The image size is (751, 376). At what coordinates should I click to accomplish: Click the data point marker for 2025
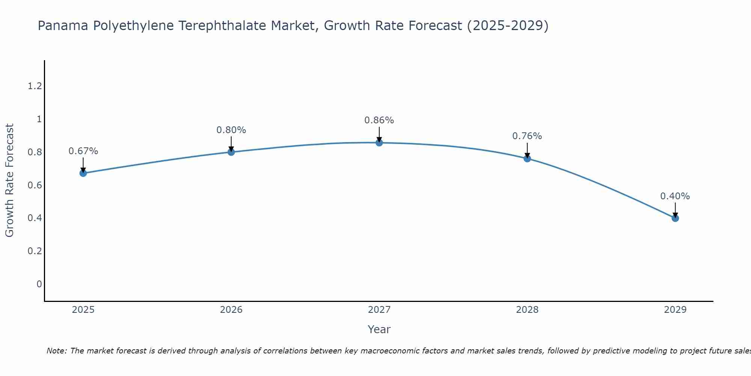click(83, 173)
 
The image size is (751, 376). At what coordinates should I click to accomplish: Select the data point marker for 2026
click(231, 152)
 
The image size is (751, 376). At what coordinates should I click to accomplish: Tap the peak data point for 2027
click(379, 143)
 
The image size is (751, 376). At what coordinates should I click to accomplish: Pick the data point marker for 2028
click(527, 158)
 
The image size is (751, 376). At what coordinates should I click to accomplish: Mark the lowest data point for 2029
click(675, 218)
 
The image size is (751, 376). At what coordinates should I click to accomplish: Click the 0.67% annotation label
click(83, 151)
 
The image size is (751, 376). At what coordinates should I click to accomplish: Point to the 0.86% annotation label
click(379, 120)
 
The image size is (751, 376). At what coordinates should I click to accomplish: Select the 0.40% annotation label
click(675, 196)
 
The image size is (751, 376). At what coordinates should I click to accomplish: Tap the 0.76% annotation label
click(527, 136)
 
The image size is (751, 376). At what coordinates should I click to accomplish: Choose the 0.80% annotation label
click(231, 130)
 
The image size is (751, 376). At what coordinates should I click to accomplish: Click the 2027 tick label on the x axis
click(379, 310)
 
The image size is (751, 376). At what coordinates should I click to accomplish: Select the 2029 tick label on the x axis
click(675, 310)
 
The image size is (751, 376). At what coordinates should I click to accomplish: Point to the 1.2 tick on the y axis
click(35, 86)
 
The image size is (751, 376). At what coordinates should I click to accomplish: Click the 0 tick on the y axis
click(39, 284)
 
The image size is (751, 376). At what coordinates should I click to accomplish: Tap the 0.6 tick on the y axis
click(35, 185)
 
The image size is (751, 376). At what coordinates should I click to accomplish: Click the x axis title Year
click(379, 329)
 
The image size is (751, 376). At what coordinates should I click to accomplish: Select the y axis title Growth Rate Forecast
click(9, 180)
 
